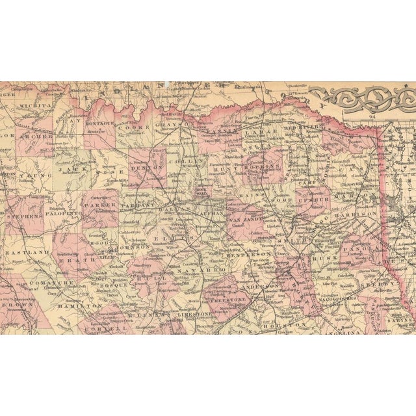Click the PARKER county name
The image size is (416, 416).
[101, 203]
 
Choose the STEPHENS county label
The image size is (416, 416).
[25, 214]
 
